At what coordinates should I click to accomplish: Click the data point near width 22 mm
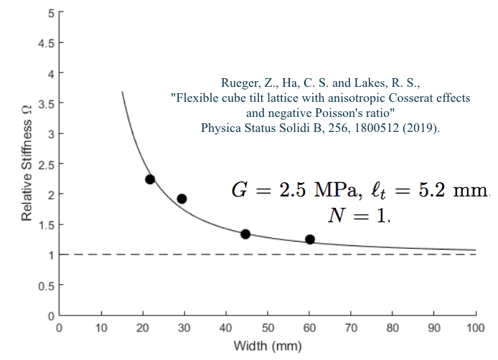150,179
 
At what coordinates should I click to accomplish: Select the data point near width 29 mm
182,199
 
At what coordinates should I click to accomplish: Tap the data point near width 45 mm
245,234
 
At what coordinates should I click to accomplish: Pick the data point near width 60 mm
310,240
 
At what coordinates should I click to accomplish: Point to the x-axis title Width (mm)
268,346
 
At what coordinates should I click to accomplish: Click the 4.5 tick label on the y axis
46,44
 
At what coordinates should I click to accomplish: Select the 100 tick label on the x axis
476,328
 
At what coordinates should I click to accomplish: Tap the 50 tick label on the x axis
268,328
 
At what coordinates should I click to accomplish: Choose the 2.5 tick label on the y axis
46,165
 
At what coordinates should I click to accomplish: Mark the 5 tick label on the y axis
50,14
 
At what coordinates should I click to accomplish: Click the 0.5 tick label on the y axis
46,286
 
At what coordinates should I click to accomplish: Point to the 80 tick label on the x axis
393,328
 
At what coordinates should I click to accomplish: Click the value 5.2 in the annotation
423,190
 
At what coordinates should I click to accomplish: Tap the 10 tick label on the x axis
101,328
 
